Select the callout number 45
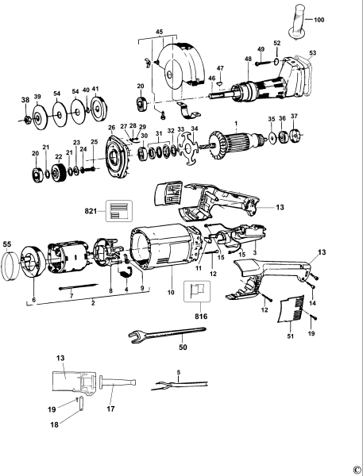(x=158, y=33)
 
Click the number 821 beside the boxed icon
(x=95, y=213)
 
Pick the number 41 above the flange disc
(x=96, y=90)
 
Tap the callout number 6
(x=33, y=300)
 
